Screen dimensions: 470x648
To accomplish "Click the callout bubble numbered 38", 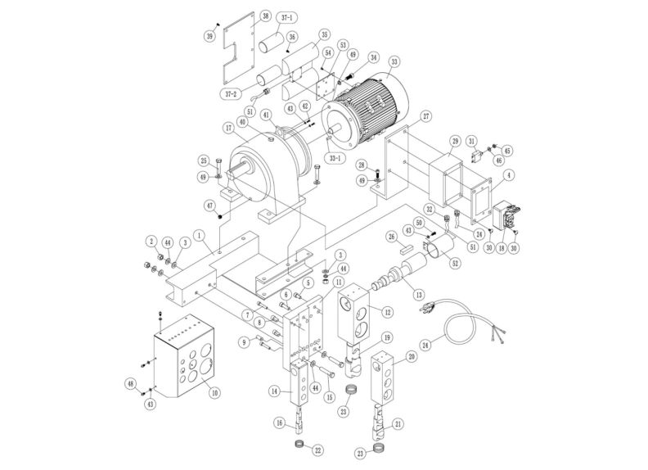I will click(242, 16).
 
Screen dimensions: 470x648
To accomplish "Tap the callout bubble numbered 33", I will click(395, 61).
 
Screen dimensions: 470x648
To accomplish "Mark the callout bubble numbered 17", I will click(228, 128).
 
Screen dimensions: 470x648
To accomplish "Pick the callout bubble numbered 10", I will click(214, 392).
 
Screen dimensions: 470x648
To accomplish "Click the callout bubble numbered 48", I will click(130, 384).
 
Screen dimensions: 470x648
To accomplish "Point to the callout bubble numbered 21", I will click(398, 423).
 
